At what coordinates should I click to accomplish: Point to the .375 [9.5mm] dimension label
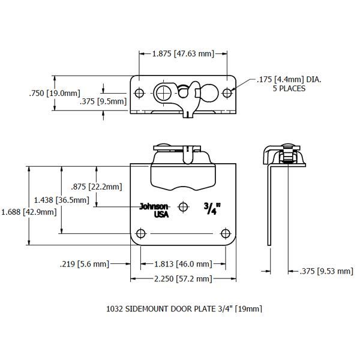pos(103,101)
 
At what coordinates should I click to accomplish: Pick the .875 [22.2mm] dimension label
pos(96,187)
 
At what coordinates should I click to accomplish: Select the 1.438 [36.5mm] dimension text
pos(57,199)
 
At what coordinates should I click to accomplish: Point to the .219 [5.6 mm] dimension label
pos(85,263)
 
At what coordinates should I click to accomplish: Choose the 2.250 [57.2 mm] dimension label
pos(183,278)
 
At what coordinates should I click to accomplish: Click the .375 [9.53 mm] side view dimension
pos(325,271)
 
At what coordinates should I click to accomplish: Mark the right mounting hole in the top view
pos(227,93)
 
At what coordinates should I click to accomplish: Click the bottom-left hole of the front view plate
pos(141,233)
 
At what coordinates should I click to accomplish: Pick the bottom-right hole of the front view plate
pos(226,233)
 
